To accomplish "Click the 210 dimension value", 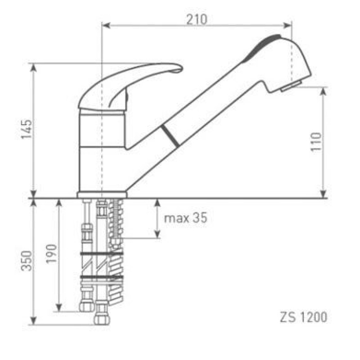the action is (197, 19).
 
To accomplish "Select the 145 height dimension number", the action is (27, 129).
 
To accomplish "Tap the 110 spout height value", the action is (316, 142).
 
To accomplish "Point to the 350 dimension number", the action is (27, 261).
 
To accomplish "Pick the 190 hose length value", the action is (51, 254).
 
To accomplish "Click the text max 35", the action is (185, 218).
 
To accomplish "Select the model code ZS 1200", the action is (303, 317).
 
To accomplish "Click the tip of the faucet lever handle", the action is (182, 68).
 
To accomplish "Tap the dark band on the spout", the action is (170, 136).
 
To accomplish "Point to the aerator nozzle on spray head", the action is (291, 86).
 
